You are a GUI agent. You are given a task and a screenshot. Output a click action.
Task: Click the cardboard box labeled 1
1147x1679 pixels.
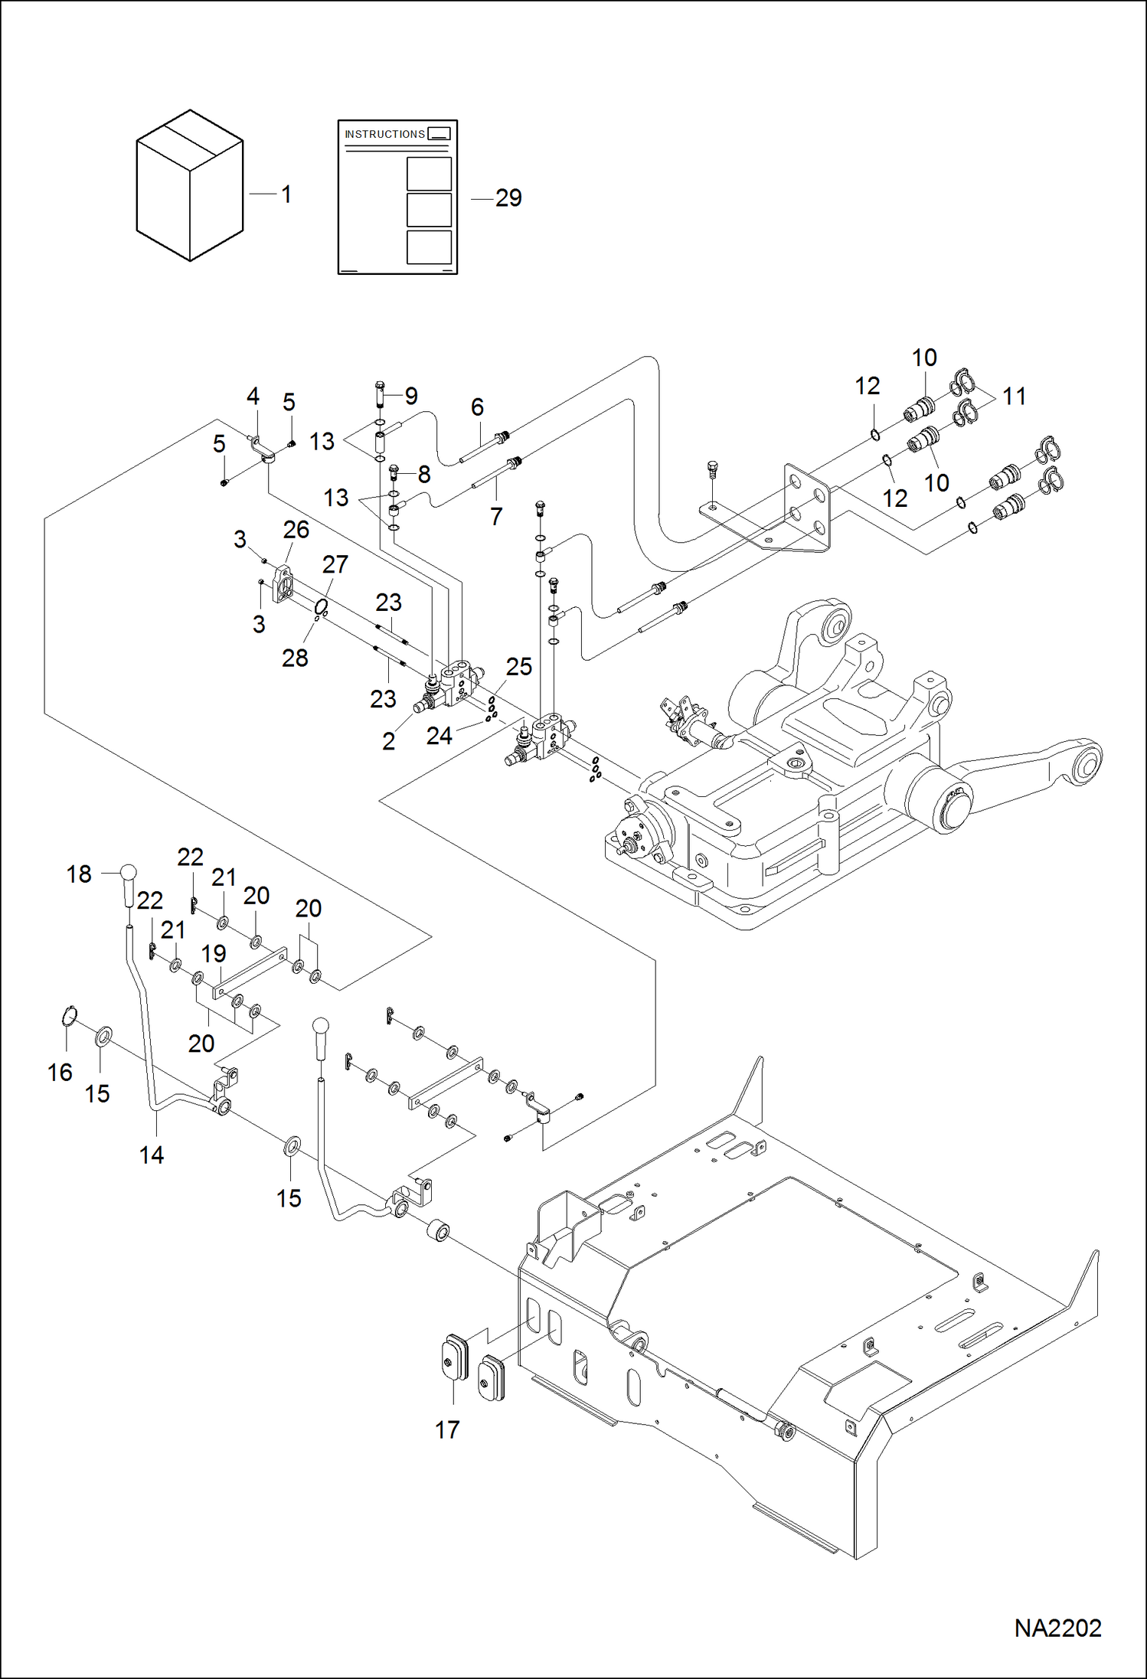point(189,186)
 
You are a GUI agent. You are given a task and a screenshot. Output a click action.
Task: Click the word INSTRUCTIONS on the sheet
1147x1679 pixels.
point(384,134)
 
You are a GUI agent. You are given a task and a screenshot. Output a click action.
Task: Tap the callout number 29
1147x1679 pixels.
point(508,198)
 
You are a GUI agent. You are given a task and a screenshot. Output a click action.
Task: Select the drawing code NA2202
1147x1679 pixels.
point(1057,1628)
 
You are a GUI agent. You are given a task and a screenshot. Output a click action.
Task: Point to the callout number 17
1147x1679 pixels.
point(447,1429)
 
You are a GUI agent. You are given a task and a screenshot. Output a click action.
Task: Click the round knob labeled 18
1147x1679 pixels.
point(128,873)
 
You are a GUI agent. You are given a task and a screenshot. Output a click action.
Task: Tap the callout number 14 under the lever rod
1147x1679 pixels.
point(152,1155)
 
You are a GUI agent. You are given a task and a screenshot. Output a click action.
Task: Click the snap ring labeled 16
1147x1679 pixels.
point(69,1016)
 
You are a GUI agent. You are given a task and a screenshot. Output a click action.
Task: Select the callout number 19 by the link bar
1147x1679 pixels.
point(214,954)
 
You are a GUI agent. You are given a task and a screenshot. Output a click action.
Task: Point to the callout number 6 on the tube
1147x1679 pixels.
point(477,407)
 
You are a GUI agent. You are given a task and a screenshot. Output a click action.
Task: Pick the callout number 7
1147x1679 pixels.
point(496,517)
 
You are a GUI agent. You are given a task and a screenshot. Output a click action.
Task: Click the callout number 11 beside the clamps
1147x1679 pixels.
point(1014,397)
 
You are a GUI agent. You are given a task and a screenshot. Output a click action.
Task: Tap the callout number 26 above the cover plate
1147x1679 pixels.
point(296,530)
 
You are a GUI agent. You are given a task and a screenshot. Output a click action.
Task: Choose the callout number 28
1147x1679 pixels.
point(295,658)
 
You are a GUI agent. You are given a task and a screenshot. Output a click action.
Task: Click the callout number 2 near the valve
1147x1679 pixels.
point(389,741)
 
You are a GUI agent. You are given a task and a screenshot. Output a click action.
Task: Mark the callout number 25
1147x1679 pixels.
point(518,667)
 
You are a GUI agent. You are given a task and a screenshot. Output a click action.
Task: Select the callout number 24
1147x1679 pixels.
point(440,736)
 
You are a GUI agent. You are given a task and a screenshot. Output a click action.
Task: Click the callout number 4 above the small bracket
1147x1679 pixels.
point(253,397)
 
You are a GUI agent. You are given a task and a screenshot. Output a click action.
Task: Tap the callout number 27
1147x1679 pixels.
point(335,564)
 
